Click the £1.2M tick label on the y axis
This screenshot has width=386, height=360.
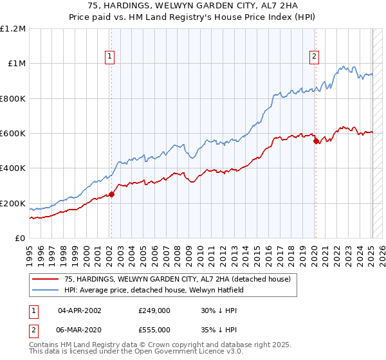click(13, 29)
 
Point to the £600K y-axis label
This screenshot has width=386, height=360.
click(13, 134)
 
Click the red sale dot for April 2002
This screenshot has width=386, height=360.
click(111, 194)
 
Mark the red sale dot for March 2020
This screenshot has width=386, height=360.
click(316, 141)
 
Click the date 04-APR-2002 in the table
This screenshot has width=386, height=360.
click(79, 310)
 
